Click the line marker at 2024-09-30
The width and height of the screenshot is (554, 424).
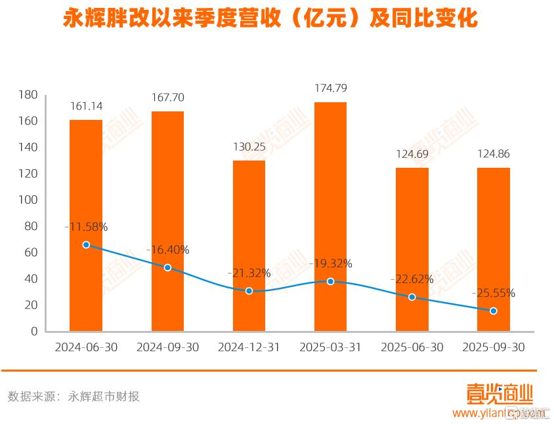[167, 267]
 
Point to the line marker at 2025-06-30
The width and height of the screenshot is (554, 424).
[412, 297]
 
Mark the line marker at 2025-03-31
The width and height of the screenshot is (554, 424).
[330, 281]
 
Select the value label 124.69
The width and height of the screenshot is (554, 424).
[412, 155]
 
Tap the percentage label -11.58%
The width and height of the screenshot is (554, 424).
[86, 227]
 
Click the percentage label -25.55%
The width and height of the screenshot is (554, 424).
[493, 293]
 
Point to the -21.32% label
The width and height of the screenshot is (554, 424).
[249, 273]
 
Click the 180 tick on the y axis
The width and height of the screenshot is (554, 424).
[29, 95]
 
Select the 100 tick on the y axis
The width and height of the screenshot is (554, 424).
[29, 200]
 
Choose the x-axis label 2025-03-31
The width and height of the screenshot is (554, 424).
[330, 347]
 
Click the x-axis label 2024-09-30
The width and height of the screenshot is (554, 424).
[167, 347]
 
